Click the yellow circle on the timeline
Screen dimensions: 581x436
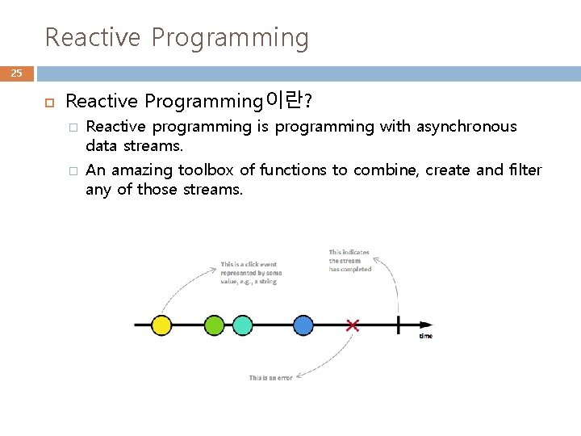[x=161, y=325]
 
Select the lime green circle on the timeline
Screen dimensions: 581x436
[x=214, y=325]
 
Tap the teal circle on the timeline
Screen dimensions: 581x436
[x=242, y=325]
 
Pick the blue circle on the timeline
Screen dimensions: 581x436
[x=303, y=325]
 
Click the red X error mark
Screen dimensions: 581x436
[x=353, y=325]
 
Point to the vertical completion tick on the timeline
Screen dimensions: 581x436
[x=397, y=325]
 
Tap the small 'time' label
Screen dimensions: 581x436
[x=426, y=336]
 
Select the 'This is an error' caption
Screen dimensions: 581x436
[x=270, y=378]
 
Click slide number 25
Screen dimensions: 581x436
[x=17, y=73]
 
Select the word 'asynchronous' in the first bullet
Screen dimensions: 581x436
[x=466, y=127]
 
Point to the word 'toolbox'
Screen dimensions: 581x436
[x=206, y=170]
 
